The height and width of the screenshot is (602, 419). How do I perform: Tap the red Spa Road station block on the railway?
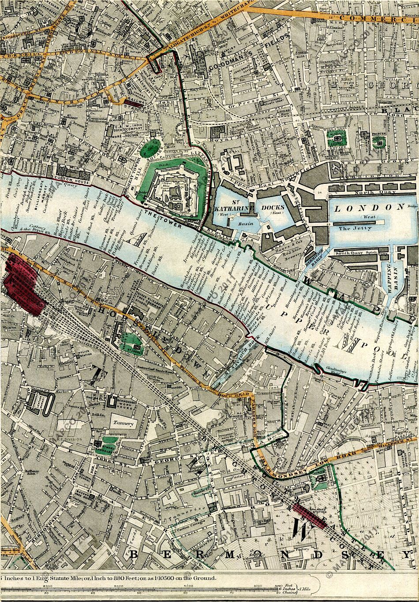coord(309,515)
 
